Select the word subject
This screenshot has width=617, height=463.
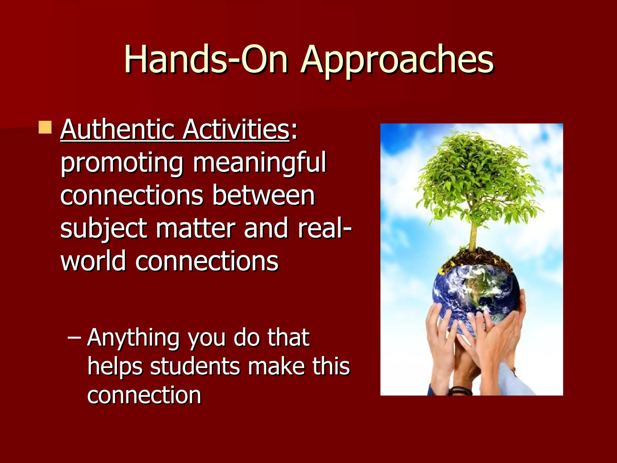tap(104, 228)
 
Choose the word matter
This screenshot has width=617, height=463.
tap(195, 228)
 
